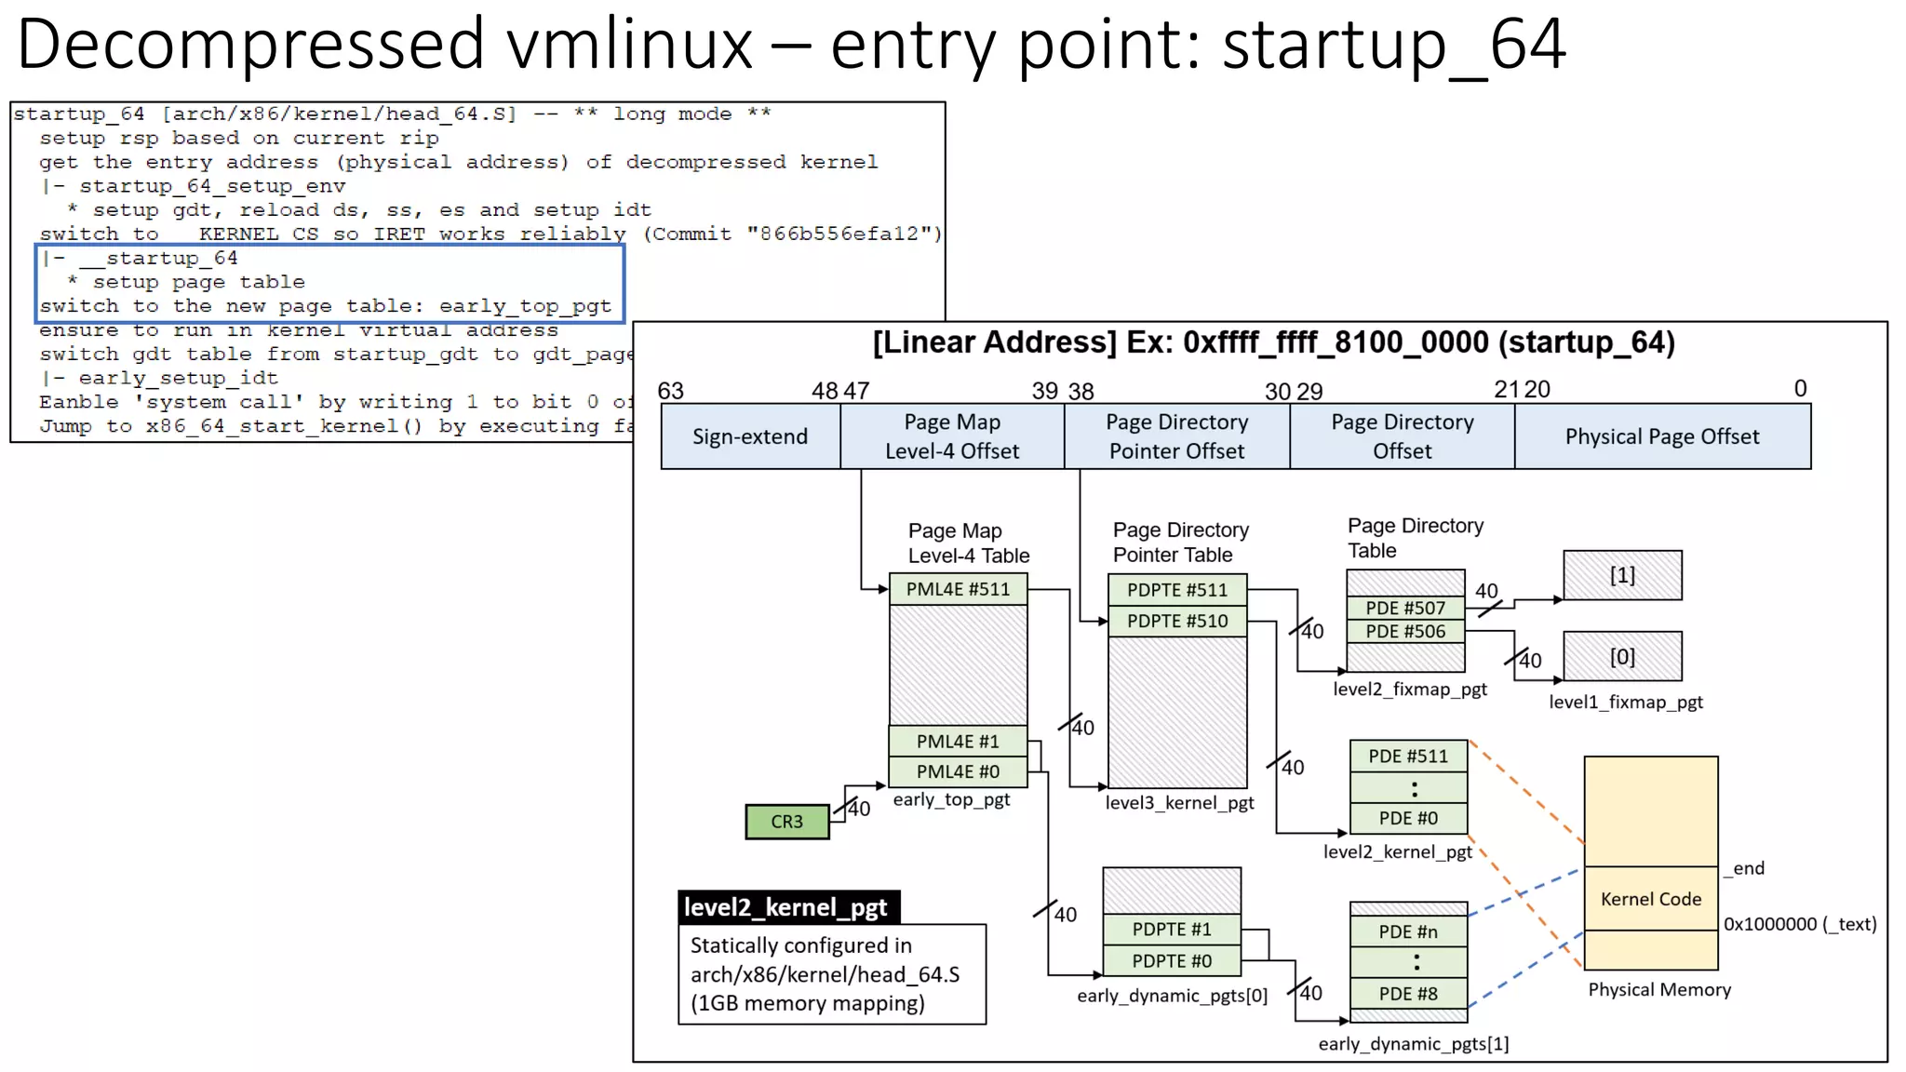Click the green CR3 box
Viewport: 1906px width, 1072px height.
[786, 822]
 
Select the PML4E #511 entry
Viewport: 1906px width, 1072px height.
[958, 589]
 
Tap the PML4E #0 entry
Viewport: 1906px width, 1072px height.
[958, 771]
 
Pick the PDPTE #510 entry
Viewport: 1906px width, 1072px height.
[1176, 621]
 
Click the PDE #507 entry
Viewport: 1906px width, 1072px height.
[1405, 608]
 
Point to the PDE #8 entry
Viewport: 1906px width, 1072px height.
[1408, 994]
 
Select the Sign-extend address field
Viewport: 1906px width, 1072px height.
[750, 436]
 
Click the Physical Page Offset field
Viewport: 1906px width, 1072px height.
[1662, 436]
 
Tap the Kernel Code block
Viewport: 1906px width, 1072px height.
[1651, 899]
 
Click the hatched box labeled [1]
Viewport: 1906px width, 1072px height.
[1622, 575]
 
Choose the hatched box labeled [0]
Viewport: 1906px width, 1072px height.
[1622, 657]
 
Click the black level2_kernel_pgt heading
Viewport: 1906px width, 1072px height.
[786, 907]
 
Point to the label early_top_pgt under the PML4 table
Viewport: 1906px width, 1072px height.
[951, 799]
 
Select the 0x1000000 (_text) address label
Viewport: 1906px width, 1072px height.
[1800, 924]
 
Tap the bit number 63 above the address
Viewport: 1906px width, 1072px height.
[670, 391]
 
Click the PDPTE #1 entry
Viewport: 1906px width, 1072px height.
[1172, 930]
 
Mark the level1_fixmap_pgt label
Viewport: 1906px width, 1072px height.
[1625, 703]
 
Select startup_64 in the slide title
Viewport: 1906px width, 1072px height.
[1393, 44]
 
